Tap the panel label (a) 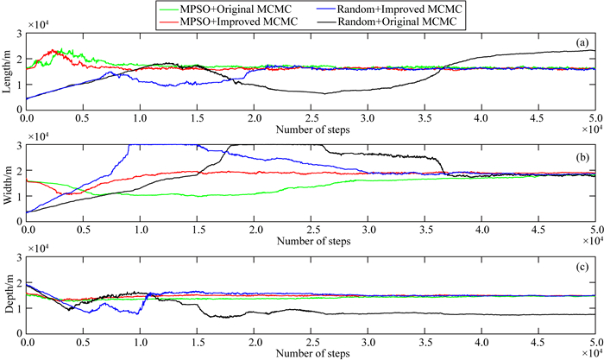click(582, 42)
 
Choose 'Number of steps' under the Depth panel click(314, 352)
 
